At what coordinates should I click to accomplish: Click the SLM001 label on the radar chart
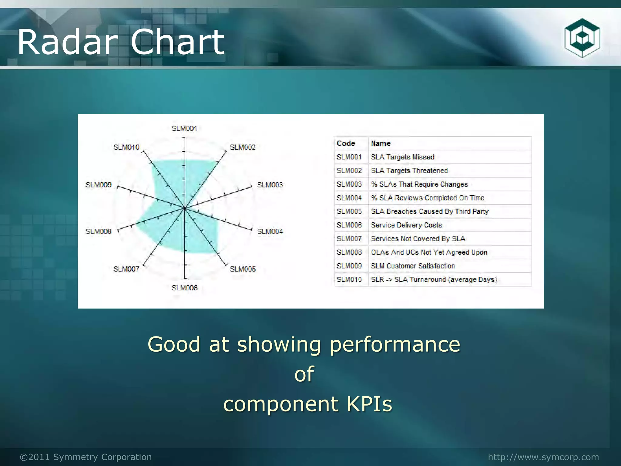184,129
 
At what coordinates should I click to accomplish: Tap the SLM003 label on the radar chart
270,185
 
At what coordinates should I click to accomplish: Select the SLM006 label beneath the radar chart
184,288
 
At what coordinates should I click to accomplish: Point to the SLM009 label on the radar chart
99,185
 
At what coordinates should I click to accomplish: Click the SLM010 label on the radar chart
126,147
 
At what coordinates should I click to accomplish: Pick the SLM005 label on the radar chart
243,269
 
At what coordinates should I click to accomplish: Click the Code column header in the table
346,144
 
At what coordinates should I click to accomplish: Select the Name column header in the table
381,144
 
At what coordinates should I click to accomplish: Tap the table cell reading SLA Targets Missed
402,157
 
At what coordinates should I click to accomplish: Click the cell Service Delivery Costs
406,225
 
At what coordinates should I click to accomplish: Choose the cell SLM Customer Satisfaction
413,266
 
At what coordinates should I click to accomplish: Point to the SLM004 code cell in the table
349,198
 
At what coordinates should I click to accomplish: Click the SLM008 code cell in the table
349,252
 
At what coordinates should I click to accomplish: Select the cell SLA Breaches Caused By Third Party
430,211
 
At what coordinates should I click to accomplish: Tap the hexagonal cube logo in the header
582,38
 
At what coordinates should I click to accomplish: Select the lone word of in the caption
304,374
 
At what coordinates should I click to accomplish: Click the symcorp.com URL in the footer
543,457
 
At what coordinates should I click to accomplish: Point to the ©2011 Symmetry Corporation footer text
86,457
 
